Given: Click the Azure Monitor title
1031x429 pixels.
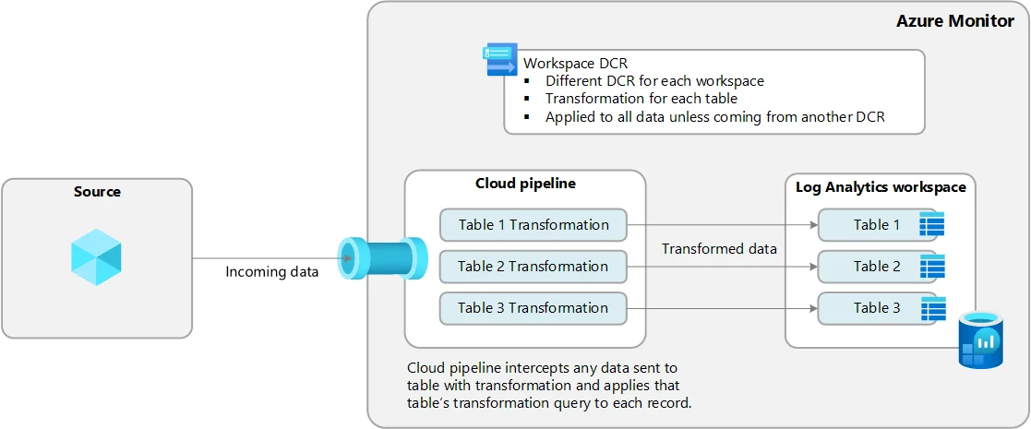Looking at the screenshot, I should pyautogui.click(x=954, y=20).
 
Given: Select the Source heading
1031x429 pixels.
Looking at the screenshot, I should pyautogui.click(x=97, y=192).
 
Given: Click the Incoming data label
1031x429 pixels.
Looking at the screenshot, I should pyautogui.click(x=272, y=272).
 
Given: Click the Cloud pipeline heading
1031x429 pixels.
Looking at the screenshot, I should pyautogui.click(x=525, y=184).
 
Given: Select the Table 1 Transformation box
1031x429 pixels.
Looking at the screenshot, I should pyautogui.click(x=533, y=225).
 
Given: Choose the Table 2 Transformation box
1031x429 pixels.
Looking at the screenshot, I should pyautogui.click(x=533, y=267).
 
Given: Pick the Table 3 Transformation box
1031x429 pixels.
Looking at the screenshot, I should pyautogui.click(x=533, y=308).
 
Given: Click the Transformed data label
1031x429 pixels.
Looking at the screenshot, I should pyautogui.click(x=719, y=248).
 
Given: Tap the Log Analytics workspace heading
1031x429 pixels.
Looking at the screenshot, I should pyautogui.click(x=881, y=187).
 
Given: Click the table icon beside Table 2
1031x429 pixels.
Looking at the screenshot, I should pyautogui.click(x=931, y=267).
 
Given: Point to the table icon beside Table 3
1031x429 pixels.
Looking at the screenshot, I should pyautogui.click(x=931, y=309).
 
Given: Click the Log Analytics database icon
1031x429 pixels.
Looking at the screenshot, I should pyautogui.click(x=980, y=340).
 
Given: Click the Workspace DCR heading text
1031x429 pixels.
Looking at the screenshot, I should pyautogui.click(x=575, y=64).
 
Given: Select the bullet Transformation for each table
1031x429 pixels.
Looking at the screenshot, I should pyautogui.click(x=641, y=99).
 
